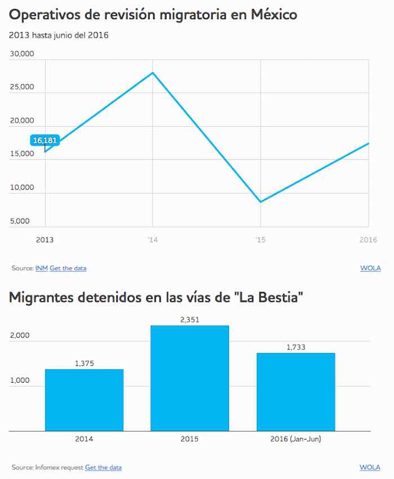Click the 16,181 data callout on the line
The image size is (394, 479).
45,140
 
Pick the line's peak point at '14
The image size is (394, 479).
153,73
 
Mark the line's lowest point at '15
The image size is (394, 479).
261,202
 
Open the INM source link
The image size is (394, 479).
41,268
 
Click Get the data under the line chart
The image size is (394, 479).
68,268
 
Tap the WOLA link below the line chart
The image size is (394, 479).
370,268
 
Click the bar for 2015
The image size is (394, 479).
190,378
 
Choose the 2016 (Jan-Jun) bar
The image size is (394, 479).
295,392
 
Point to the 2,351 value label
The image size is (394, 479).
190,320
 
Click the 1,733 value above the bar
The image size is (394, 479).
295,347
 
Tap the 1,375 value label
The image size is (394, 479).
84,364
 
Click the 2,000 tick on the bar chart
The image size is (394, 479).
20,335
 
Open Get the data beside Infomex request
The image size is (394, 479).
103,467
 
